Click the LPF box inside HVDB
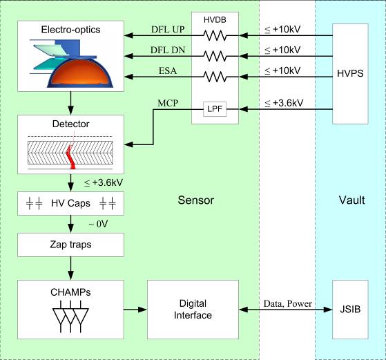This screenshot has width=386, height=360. click(215, 109)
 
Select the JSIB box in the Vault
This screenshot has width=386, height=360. click(350, 310)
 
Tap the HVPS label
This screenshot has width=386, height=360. click(350, 73)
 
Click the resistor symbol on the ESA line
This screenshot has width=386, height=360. click(215, 77)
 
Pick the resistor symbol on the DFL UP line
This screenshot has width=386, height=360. click(215, 35)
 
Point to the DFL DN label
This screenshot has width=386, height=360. click(168, 50)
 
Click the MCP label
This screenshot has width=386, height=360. click(168, 103)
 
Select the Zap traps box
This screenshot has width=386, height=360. click(70, 245)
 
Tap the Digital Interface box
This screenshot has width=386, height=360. click(193, 310)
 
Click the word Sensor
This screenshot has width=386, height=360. click(195, 200)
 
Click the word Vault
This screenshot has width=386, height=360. click(351, 200)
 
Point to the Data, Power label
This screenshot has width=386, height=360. click(287, 303)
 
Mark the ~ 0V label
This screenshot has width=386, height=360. click(98, 224)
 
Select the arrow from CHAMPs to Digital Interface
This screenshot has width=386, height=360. click(135, 310)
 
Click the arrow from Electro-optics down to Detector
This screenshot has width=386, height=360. click(70, 103)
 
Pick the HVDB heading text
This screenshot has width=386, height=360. click(215, 20)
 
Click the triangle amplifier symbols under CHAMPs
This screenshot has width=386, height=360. click(70, 316)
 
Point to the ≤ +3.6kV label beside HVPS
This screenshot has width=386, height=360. click(284, 103)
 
